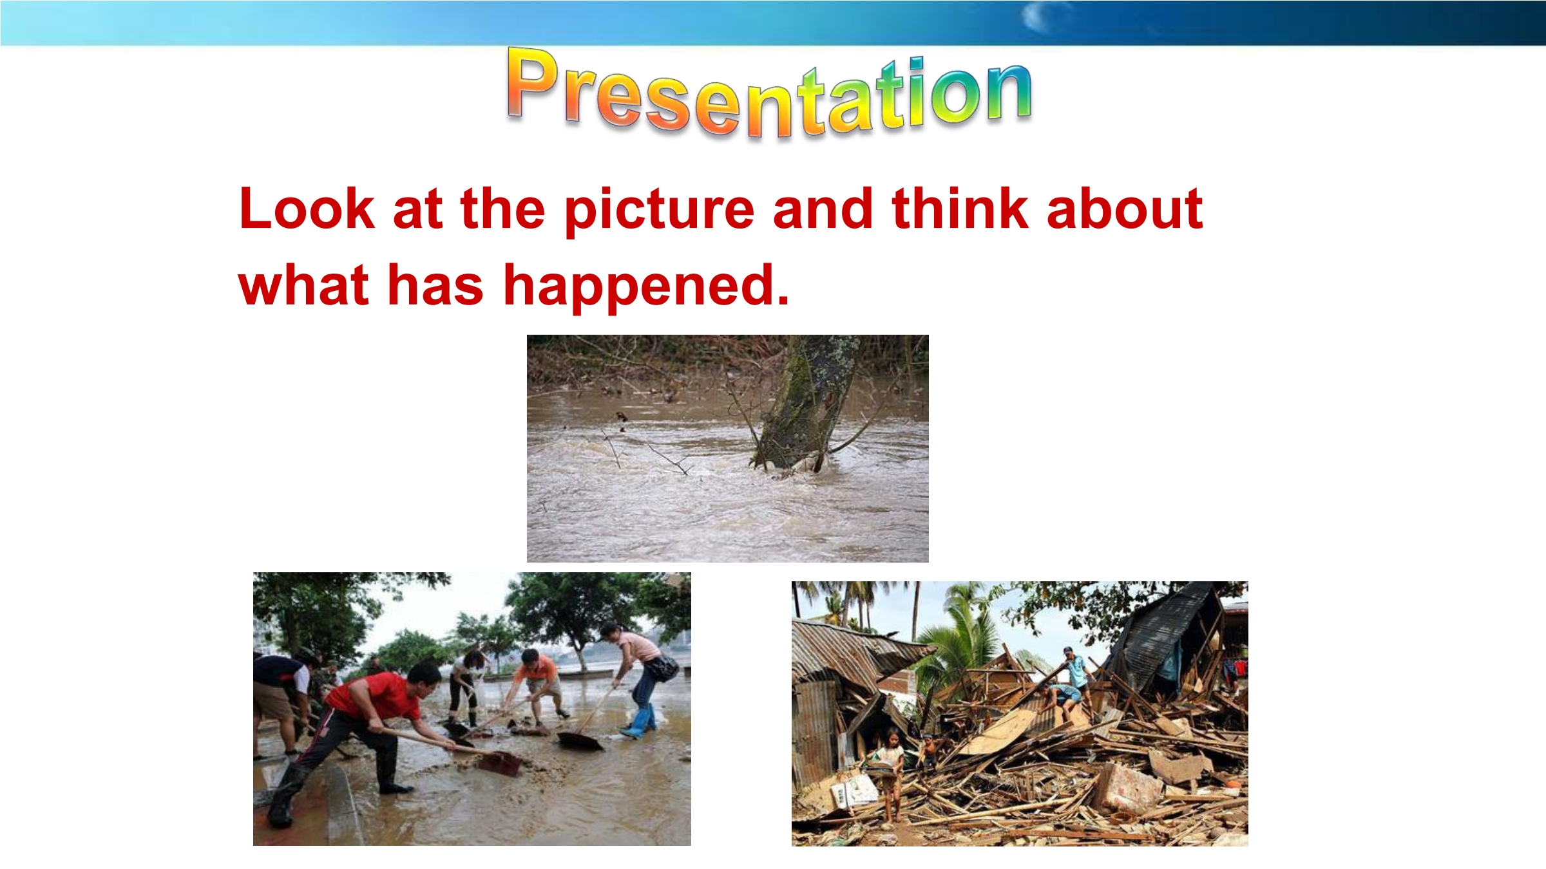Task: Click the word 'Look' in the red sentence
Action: (307, 209)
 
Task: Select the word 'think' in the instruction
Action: (960, 209)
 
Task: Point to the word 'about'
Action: (1125, 209)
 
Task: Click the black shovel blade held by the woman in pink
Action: (580, 741)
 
